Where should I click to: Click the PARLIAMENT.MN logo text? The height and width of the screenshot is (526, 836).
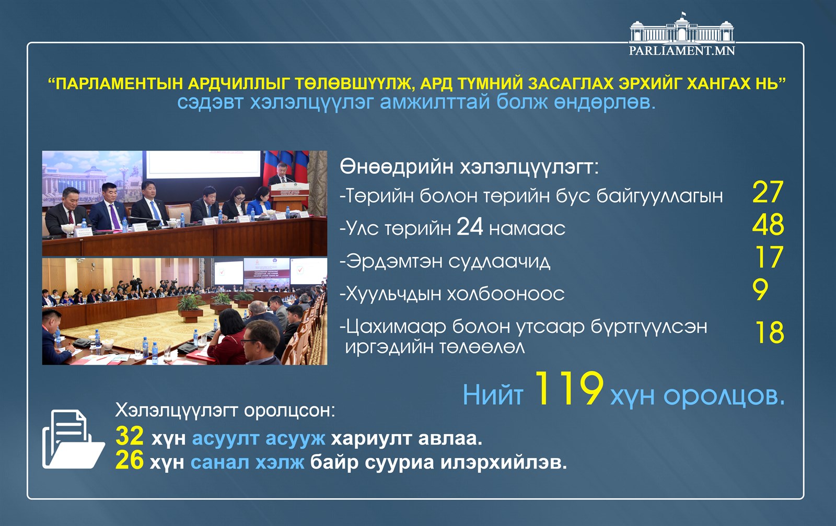point(682,50)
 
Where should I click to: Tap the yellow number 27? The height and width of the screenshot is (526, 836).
point(768,192)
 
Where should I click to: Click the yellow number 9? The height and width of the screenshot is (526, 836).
point(760,289)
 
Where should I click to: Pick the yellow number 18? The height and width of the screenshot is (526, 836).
point(770,332)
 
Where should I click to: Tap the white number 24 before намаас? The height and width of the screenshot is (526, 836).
point(470,227)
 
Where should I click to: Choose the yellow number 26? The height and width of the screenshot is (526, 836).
point(130,460)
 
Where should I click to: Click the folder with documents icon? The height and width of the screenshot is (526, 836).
point(73,439)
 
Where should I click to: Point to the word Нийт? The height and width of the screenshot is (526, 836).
point(493,395)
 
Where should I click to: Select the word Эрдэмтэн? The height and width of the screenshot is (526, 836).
point(394,262)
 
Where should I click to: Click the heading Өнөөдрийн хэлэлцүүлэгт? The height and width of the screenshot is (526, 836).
point(469,167)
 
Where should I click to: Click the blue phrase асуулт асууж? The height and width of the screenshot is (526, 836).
point(259,438)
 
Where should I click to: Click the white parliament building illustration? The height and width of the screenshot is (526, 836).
point(682,28)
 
